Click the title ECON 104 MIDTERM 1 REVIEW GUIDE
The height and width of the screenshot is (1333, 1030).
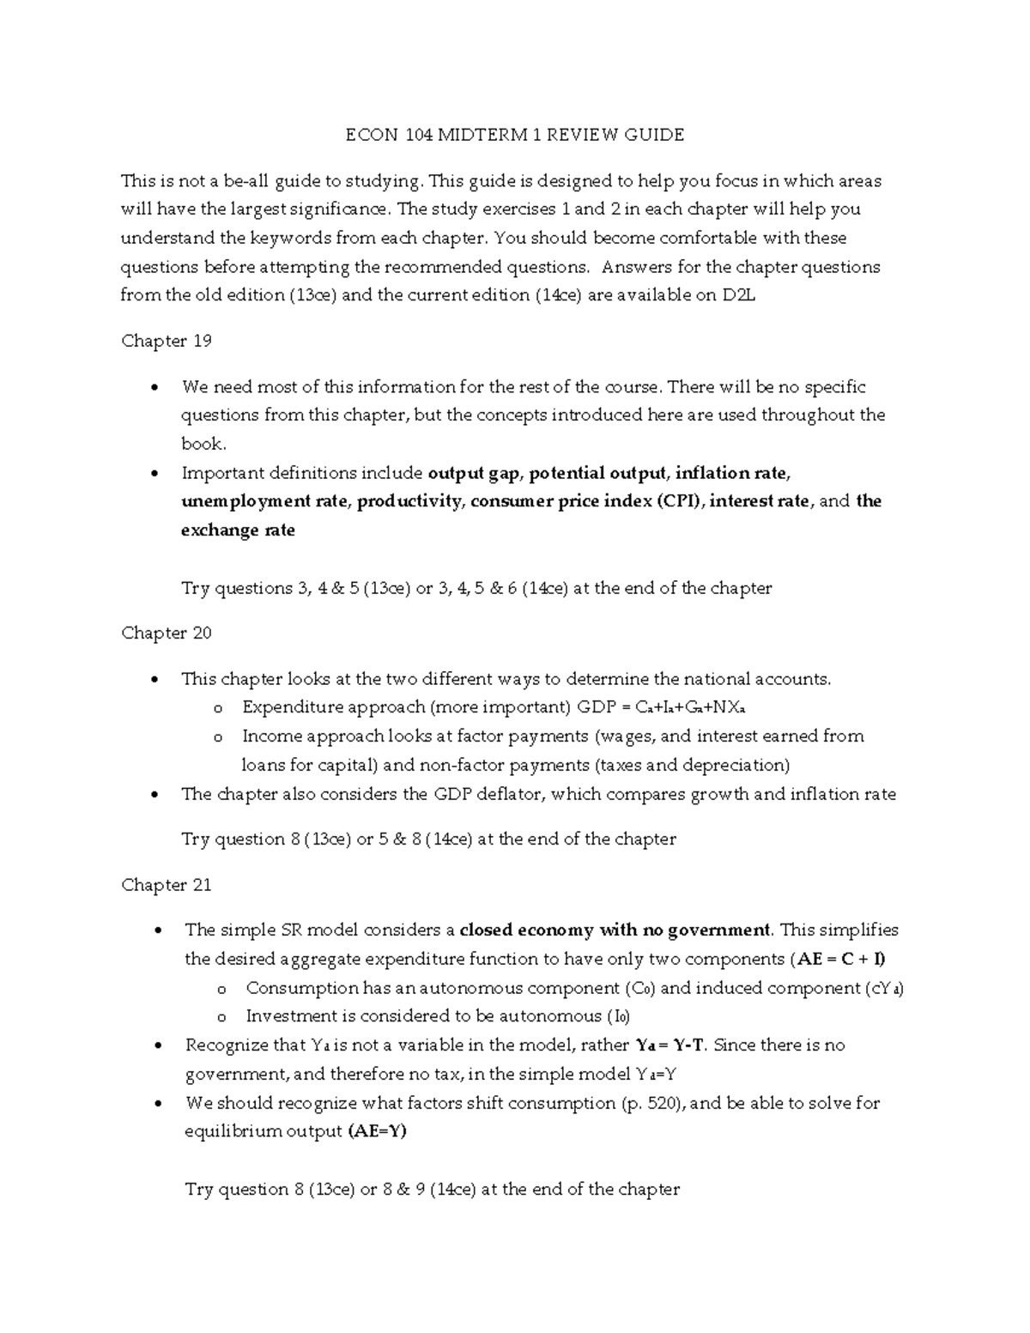pos(514,135)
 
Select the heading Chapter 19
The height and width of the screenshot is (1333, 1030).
pos(167,341)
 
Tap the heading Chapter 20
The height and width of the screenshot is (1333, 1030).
pos(167,633)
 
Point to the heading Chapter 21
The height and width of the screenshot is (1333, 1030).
pos(167,885)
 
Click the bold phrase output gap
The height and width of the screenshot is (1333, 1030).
pos(474,473)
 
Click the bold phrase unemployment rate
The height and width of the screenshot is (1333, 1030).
pos(264,501)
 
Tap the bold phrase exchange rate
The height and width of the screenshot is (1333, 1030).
pos(238,530)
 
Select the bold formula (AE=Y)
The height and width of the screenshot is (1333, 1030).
pos(377,1131)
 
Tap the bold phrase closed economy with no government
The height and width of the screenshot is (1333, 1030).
pos(615,930)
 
